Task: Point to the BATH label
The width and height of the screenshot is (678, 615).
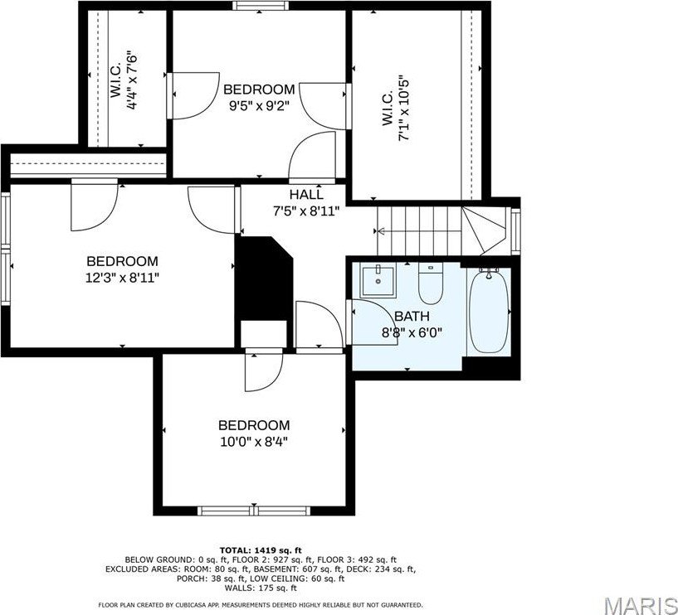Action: tap(412, 316)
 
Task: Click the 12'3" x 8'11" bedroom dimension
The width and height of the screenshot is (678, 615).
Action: tap(122, 277)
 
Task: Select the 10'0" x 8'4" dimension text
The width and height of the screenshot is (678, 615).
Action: tap(253, 441)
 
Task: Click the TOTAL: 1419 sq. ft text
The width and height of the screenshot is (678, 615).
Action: tap(260, 550)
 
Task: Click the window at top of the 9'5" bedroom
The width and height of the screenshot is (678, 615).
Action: tap(260, 6)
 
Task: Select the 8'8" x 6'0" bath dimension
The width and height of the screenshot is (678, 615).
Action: tap(412, 332)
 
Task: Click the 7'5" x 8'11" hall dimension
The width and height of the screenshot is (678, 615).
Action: tap(306, 211)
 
